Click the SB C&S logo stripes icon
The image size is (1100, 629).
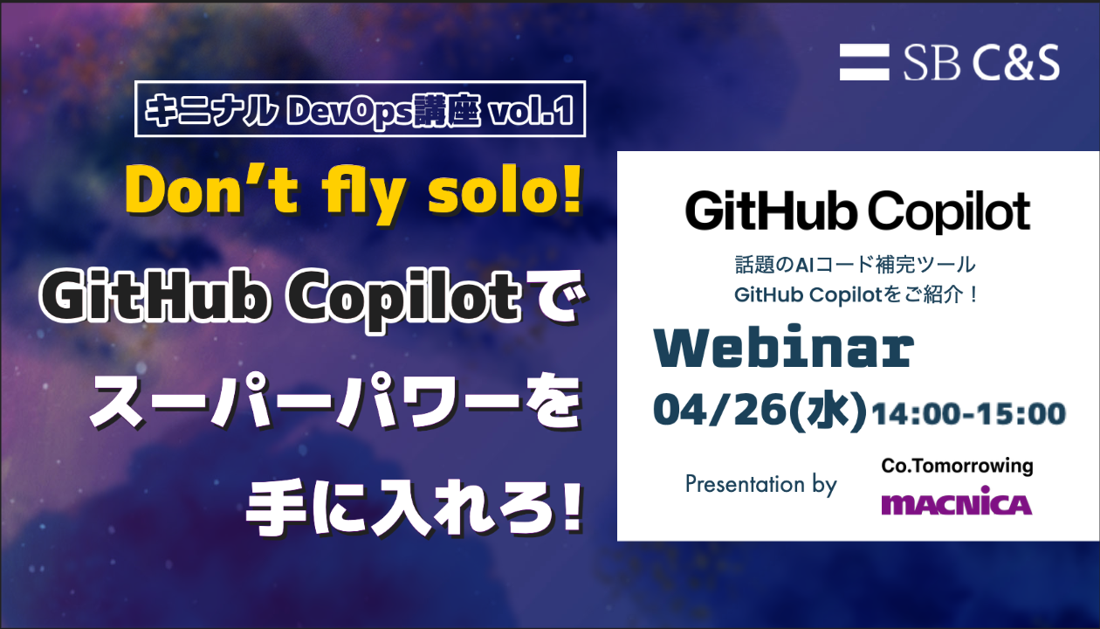pyautogui.click(x=863, y=62)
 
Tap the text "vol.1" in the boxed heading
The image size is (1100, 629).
pyautogui.click(x=531, y=109)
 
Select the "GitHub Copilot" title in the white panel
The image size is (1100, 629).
pyautogui.click(x=857, y=211)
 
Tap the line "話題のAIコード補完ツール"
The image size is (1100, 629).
pyautogui.click(x=855, y=265)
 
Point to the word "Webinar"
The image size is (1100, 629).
pyautogui.click(x=784, y=348)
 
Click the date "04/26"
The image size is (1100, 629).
pyautogui.click(x=719, y=410)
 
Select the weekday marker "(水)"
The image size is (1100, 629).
pyautogui.click(x=828, y=411)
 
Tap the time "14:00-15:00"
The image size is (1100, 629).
pyautogui.click(x=968, y=414)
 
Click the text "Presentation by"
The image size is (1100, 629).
pyautogui.click(x=761, y=485)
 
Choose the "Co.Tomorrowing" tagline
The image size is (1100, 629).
pyautogui.click(x=957, y=466)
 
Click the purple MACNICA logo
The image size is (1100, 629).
pyautogui.click(x=957, y=501)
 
